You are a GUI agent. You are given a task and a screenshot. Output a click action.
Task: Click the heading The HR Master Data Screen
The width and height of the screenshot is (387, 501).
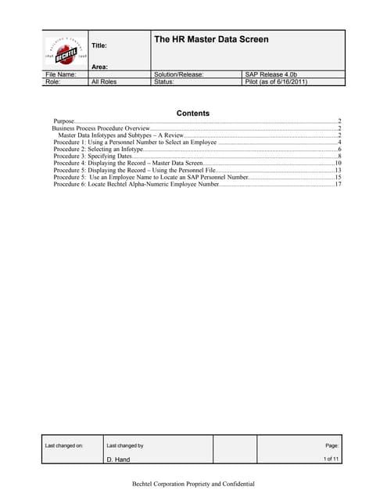click(x=210, y=39)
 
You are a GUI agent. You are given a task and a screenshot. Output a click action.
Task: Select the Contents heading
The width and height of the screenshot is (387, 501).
click(x=192, y=114)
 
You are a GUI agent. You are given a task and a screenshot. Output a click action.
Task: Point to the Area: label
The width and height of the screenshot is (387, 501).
click(x=99, y=67)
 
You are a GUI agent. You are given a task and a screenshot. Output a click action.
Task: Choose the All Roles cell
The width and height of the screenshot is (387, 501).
click(x=104, y=81)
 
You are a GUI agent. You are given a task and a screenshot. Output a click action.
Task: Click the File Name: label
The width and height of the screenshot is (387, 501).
click(x=62, y=74)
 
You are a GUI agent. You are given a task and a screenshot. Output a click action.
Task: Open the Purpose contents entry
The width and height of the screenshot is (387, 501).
click(x=65, y=121)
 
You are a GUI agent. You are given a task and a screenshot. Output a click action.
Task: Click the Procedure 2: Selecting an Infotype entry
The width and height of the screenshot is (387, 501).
click(x=99, y=149)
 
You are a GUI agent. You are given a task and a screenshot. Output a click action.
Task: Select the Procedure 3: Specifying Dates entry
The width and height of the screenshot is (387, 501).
click(x=92, y=157)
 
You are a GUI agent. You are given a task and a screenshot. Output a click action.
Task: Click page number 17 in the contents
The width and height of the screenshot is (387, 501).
click(x=338, y=185)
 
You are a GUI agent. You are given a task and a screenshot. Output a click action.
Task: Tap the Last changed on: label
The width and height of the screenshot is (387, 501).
click(x=64, y=445)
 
